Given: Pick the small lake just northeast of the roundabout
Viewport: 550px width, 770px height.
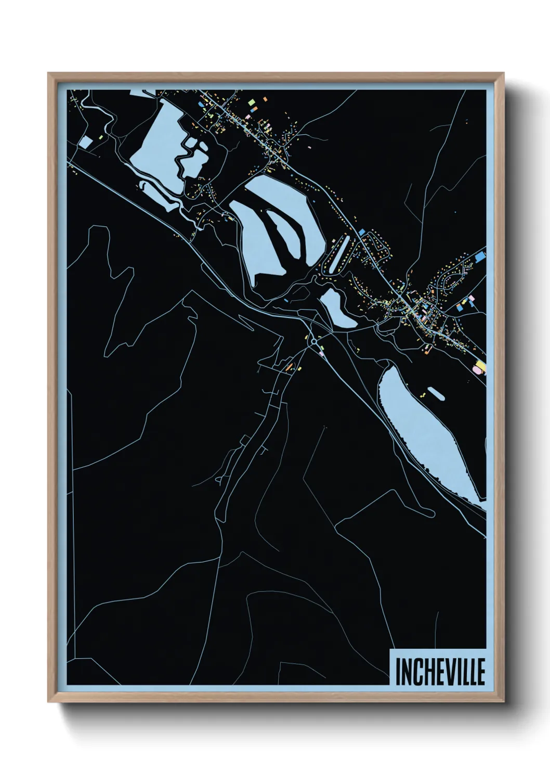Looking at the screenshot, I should [336, 309].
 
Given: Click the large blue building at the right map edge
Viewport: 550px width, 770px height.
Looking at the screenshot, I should [480, 256].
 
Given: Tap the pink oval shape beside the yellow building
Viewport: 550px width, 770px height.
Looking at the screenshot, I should [475, 370].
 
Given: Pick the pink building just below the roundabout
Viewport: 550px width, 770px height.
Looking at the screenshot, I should [322, 354].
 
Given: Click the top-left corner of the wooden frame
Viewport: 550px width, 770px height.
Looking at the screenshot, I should [49, 73].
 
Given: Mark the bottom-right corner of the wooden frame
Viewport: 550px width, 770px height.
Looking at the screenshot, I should [504, 702].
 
